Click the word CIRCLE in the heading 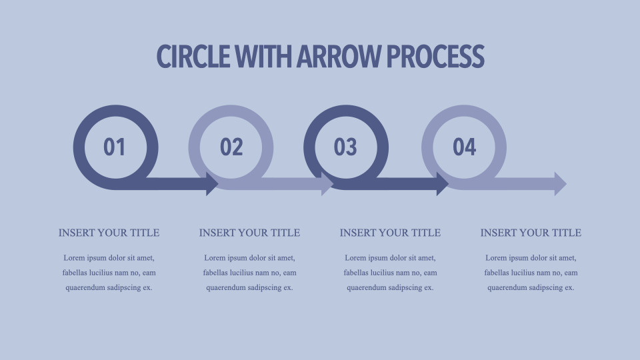pyautogui.click(x=193, y=56)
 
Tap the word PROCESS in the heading pyautogui.click(x=435, y=56)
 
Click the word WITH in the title pyautogui.click(x=264, y=56)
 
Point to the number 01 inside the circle pyautogui.click(x=114, y=147)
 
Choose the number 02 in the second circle pyautogui.click(x=231, y=147)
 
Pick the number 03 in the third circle pyautogui.click(x=345, y=147)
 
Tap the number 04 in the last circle pyautogui.click(x=465, y=147)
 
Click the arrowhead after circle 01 pyautogui.click(x=212, y=184)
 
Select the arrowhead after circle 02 pyautogui.click(x=327, y=184)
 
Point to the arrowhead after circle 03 pyautogui.click(x=443, y=184)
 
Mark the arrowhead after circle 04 pyautogui.click(x=561, y=184)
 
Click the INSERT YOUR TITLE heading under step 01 pyautogui.click(x=109, y=233)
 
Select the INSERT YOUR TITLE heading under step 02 pyautogui.click(x=250, y=233)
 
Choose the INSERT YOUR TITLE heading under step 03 pyautogui.click(x=390, y=233)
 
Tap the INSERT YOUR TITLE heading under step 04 pyautogui.click(x=531, y=233)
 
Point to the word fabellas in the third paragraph pyautogui.click(x=357, y=273)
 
